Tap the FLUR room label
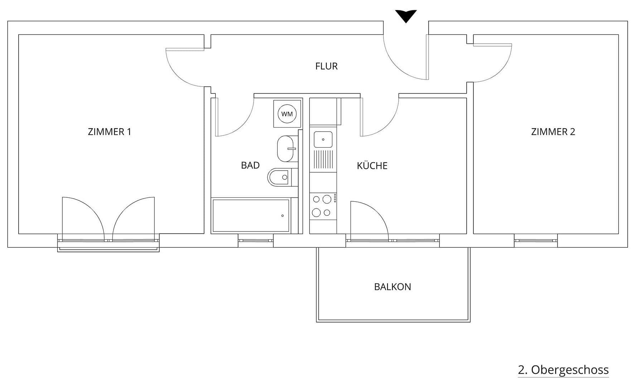[326, 66]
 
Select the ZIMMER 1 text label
[110, 132]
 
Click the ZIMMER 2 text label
[553, 132]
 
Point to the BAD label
[250, 165]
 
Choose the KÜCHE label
[372, 166]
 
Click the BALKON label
[392, 287]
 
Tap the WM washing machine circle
[287, 114]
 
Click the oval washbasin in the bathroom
[285, 148]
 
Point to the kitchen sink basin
[323, 139]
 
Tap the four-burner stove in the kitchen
[323, 206]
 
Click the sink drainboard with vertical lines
[323, 159]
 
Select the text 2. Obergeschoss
[563, 370]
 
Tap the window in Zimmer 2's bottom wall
[536, 240]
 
